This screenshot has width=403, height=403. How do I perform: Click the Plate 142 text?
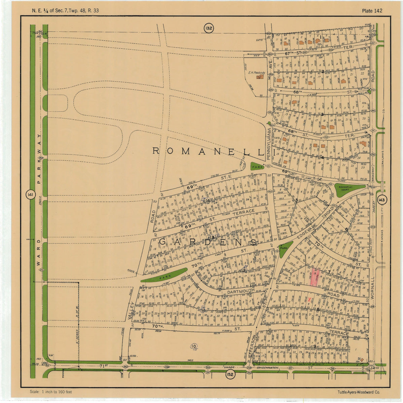click(372, 11)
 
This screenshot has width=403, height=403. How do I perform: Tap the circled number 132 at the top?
click(208, 28)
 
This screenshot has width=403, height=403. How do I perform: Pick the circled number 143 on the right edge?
click(381, 200)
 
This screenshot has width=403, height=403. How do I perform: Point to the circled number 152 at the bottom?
click(230, 375)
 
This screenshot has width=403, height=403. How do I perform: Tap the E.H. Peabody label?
click(257, 73)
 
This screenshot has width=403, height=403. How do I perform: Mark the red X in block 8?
click(309, 299)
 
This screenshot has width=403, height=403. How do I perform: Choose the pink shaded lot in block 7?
click(315, 277)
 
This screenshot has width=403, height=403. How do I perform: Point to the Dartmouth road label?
click(240, 292)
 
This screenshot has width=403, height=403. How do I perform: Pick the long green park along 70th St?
click(164, 275)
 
